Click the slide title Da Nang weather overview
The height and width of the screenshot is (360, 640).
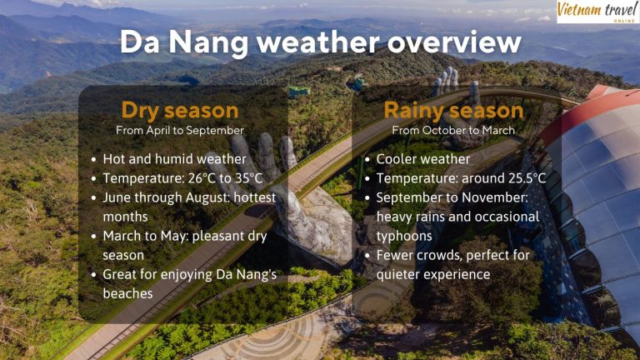click(320, 42)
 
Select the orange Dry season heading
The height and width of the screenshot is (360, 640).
click(180, 110)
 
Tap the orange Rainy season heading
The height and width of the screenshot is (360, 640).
click(453, 110)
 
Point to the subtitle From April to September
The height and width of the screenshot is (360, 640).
click(180, 131)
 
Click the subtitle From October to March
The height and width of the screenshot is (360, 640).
click(453, 131)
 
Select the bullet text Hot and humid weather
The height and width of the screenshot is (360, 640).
click(174, 158)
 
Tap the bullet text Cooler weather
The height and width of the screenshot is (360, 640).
click(422, 158)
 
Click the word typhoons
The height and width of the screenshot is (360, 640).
click(406, 236)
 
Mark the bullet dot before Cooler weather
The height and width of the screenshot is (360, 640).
click(367, 159)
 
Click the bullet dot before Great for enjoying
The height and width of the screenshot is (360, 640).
click(93, 275)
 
